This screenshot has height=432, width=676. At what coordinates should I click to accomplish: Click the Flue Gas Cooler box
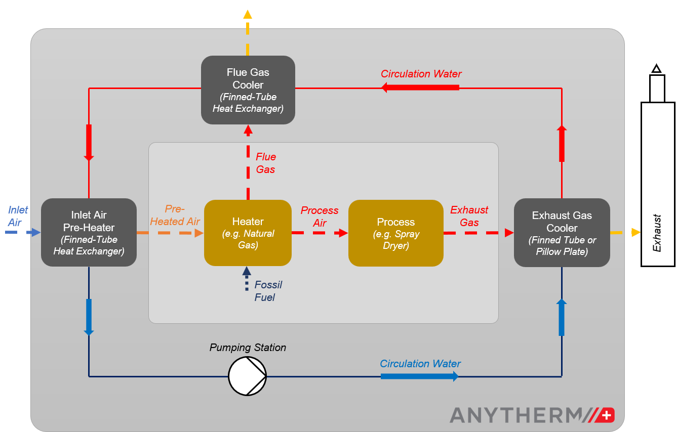(248, 90)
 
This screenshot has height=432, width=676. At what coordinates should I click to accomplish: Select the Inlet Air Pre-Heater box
(89, 232)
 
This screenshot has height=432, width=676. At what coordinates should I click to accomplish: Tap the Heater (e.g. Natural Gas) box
(248, 233)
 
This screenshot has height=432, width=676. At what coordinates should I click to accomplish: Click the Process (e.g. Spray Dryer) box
(395, 233)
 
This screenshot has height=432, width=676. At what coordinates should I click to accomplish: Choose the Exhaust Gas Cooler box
(562, 233)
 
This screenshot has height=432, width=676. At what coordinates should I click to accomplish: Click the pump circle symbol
(247, 376)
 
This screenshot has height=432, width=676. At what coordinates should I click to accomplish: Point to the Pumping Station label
(248, 348)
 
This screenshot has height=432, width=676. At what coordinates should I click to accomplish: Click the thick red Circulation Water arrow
(420, 88)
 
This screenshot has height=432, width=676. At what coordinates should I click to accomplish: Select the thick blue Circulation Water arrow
(419, 376)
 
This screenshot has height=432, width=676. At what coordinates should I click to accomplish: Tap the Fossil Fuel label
(268, 291)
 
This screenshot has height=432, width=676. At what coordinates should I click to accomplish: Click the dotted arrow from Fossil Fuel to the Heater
(247, 279)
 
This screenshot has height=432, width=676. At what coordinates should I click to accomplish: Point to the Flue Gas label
(265, 163)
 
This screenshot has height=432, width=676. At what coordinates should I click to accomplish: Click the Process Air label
(320, 217)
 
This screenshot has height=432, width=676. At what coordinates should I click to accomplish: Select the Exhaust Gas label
(469, 216)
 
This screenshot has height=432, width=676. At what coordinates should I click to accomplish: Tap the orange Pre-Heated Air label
(175, 215)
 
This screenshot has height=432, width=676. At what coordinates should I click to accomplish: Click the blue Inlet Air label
(18, 216)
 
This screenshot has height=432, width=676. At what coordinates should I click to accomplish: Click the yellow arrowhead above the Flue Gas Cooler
(248, 14)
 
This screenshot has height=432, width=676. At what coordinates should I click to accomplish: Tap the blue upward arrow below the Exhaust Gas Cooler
(561, 317)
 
